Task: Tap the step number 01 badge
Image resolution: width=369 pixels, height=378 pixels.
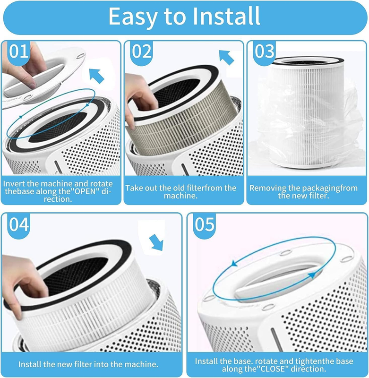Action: [x=18, y=52]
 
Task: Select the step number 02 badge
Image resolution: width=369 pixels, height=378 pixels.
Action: [x=142, y=52]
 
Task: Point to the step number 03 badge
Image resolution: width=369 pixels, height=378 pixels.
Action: [x=265, y=52]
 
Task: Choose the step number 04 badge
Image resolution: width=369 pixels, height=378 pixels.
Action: [x=19, y=225]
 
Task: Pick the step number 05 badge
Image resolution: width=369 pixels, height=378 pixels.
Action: [x=205, y=225]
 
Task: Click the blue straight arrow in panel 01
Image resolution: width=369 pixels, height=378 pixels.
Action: [x=96, y=76]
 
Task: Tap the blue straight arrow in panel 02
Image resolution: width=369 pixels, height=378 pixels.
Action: [x=226, y=57]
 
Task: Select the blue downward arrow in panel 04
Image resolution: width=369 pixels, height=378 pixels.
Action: [x=156, y=243]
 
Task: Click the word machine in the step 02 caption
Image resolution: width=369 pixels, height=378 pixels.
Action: [x=180, y=196]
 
